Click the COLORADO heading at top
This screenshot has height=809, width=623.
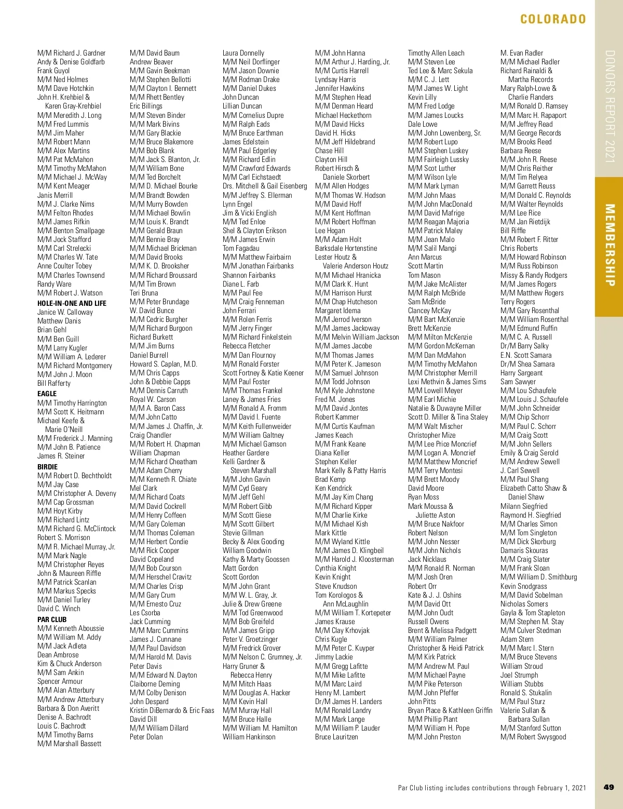[x=553, y=19]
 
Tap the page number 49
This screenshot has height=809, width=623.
[x=609, y=787]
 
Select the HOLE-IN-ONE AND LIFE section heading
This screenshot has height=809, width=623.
[x=72, y=303]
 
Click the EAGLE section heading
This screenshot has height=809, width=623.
[x=47, y=394]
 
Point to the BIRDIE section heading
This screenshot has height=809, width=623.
[x=47, y=467]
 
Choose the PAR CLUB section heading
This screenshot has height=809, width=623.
[x=52, y=619]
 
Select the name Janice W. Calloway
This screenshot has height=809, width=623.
[x=65, y=312]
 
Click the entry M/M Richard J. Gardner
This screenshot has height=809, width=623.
[x=71, y=53]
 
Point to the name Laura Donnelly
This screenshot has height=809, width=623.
[x=243, y=53]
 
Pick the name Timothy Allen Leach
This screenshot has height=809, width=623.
[x=436, y=53]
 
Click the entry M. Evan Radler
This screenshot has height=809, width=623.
[x=521, y=53]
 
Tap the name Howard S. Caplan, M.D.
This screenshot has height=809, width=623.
[x=164, y=364]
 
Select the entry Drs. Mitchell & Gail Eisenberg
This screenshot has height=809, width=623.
[x=265, y=186]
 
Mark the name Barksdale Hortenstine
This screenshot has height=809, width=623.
[x=346, y=248]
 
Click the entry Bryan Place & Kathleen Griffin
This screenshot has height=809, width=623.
[x=450, y=710]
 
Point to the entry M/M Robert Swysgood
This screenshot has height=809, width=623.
[x=533, y=737]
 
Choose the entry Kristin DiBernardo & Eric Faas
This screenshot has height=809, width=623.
[x=172, y=710]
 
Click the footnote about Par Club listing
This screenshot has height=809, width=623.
[x=492, y=788]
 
